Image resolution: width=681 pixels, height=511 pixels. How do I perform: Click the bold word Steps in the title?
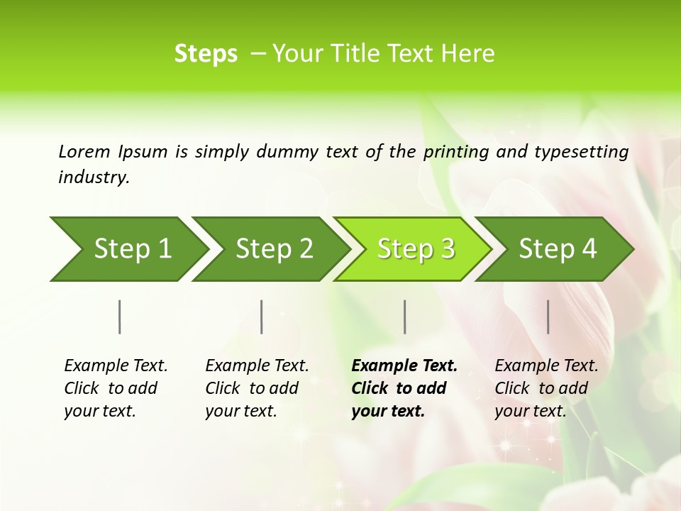point(206,54)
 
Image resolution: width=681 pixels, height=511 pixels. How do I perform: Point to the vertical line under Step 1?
point(120,317)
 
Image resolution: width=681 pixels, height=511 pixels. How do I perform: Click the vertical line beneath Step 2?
point(262,317)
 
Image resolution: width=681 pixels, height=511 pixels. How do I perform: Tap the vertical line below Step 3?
point(405,317)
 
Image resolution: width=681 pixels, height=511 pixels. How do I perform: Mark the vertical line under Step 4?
point(548,317)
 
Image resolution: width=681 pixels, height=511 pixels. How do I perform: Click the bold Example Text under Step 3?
point(404,366)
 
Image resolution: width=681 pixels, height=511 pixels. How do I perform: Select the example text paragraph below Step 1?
point(115,388)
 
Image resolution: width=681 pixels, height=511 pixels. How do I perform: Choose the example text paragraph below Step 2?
point(256,388)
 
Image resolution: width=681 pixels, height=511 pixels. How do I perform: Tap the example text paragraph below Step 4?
point(546,388)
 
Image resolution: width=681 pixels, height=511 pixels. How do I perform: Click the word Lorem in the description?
point(84,152)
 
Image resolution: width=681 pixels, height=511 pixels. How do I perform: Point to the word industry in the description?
point(94,177)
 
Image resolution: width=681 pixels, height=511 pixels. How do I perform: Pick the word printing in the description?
point(456,152)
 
